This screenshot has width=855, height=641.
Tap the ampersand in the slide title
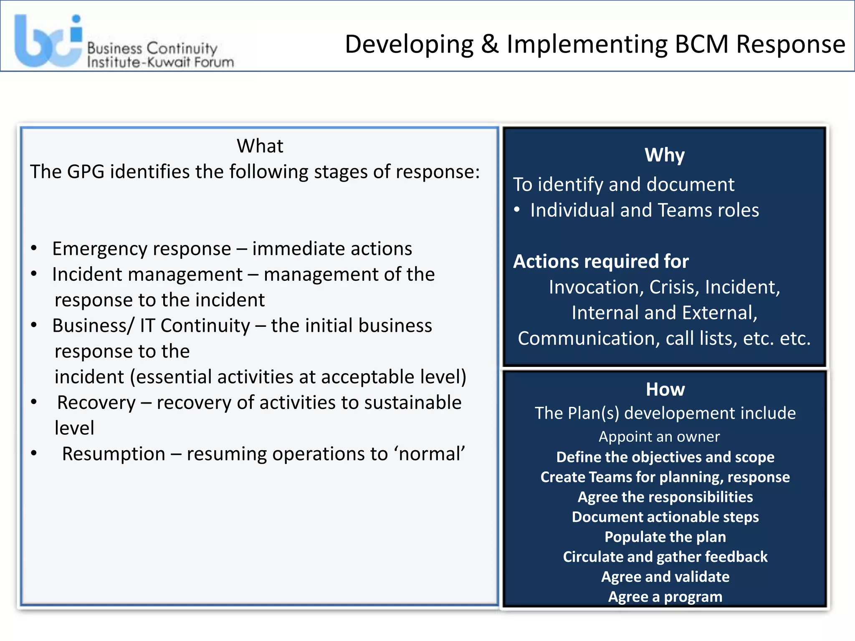(x=490, y=44)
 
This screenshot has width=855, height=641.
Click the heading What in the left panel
(x=260, y=146)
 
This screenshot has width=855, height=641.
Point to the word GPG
(x=86, y=172)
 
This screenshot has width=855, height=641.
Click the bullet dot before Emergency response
(x=34, y=249)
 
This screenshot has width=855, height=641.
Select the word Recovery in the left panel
(x=96, y=403)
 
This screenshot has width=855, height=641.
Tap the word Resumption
(x=114, y=454)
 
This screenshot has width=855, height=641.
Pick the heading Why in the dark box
(x=665, y=155)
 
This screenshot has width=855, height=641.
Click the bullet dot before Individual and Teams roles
(x=517, y=210)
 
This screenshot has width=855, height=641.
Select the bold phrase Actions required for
(x=601, y=262)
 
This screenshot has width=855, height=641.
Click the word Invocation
(x=596, y=287)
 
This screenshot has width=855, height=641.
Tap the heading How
(x=665, y=389)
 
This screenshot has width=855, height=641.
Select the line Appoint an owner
(x=659, y=437)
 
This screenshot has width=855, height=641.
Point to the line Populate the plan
(x=665, y=537)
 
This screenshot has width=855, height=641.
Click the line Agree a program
(x=665, y=597)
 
